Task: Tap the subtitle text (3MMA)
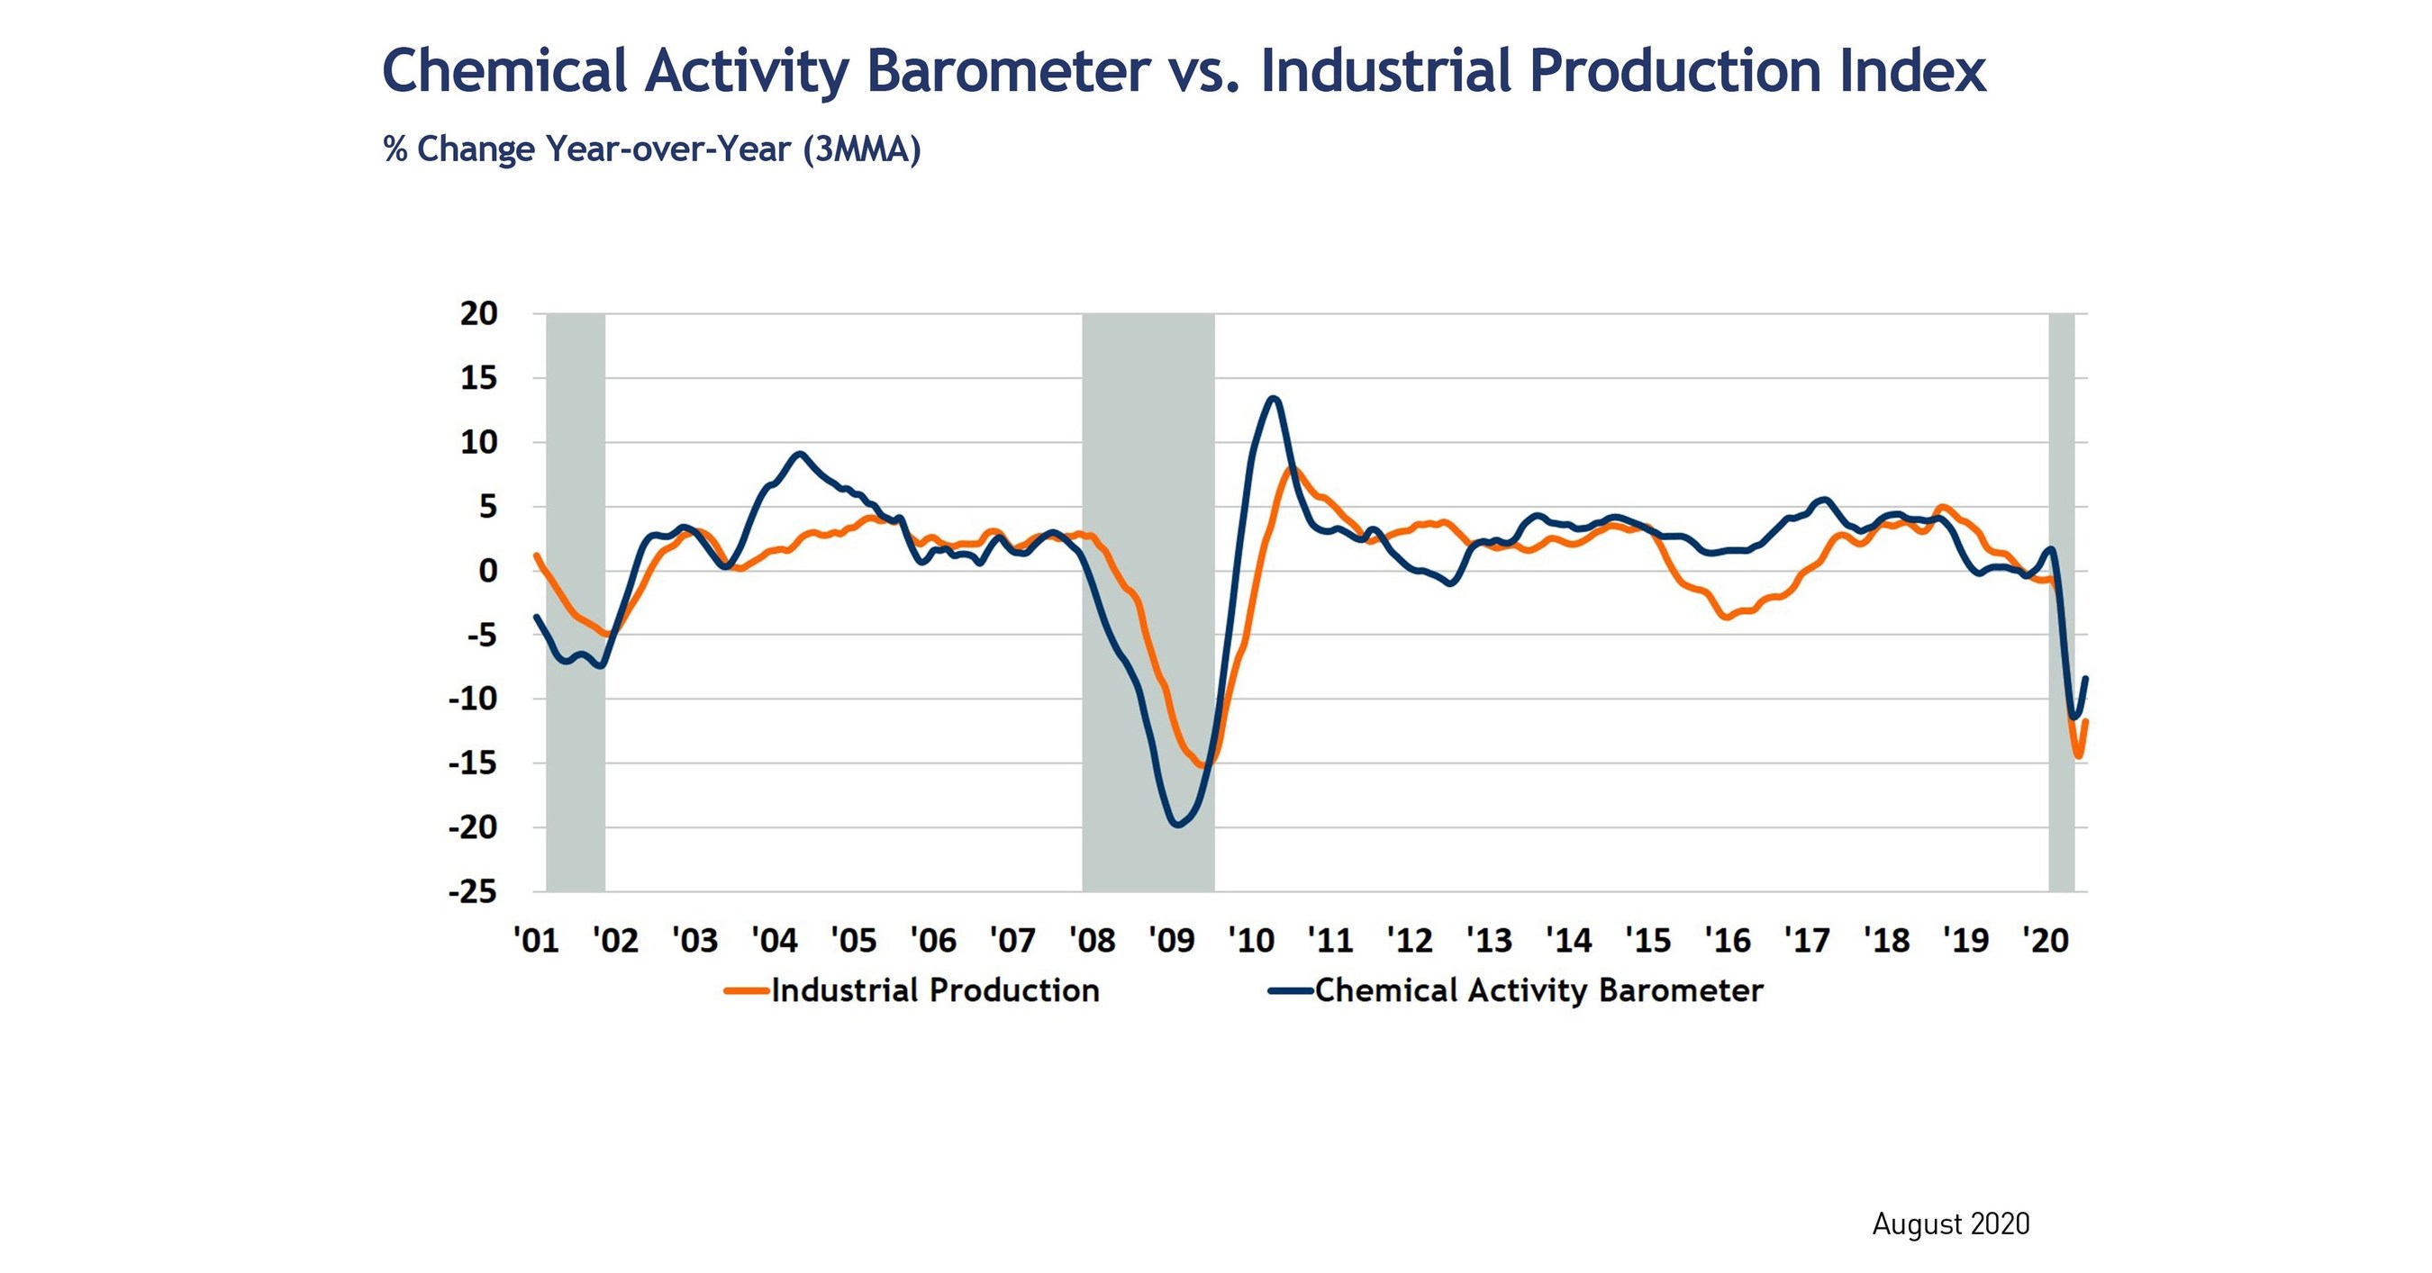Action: coord(861,150)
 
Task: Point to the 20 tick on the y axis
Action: coord(478,314)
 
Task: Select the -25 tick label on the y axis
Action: coord(473,892)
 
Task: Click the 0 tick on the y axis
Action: coord(487,571)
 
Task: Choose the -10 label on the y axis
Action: coord(473,700)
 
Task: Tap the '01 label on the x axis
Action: coord(536,941)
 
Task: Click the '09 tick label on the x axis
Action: coord(1171,941)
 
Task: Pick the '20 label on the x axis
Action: coord(2045,941)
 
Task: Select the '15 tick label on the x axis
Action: coord(1647,941)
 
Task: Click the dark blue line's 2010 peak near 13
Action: coord(1275,398)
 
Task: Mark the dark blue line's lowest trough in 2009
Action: coord(1176,825)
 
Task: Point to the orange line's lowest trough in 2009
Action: coord(1202,765)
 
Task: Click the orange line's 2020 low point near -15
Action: coord(2078,756)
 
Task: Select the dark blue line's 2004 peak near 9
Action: coord(800,454)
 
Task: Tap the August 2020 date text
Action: coord(1950,1223)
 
